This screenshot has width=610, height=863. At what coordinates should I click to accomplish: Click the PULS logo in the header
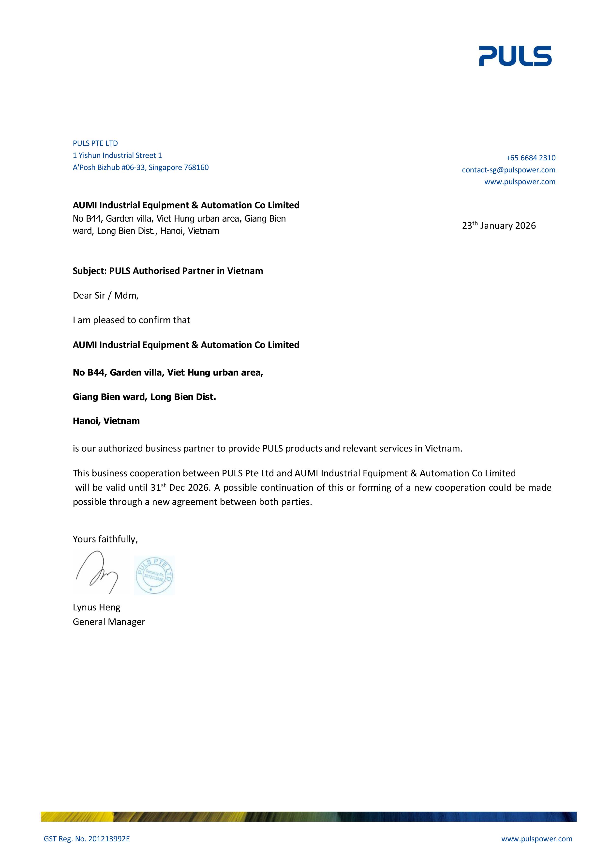pyautogui.click(x=515, y=56)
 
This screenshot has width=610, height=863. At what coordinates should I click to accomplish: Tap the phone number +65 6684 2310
pyautogui.click(x=530, y=158)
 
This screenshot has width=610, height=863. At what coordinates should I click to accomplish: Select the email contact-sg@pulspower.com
pyautogui.click(x=508, y=170)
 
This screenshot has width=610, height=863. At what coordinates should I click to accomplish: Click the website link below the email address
pyautogui.click(x=520, y=182)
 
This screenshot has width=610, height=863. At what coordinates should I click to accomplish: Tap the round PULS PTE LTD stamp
pyautogui.click(x=154, y=575)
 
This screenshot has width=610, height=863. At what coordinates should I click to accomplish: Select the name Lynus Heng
pyautogui.click(x=97, y=607)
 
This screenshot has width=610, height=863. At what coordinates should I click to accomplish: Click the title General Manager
pyautogui.click(x=109, y=622)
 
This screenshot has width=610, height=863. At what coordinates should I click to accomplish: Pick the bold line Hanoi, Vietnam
pyautogui.click(x=106, y=421)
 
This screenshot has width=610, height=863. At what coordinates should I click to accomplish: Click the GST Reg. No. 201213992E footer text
pyautogui.click(x=87, y=839)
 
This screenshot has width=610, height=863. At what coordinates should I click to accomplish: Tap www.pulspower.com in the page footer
pyautogui.click(x=536, y=839)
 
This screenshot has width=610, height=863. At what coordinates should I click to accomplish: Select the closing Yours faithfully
pyautogui.click(x=105, y=539)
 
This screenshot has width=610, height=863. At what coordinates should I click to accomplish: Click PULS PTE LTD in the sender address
pyautogui.click(x=95, y=143)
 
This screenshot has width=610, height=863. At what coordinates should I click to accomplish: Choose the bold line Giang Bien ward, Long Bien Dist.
pyautogui.click(x=144, y=397)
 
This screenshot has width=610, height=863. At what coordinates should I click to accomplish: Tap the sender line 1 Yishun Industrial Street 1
pyautogui.click(x=117, y=155)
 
